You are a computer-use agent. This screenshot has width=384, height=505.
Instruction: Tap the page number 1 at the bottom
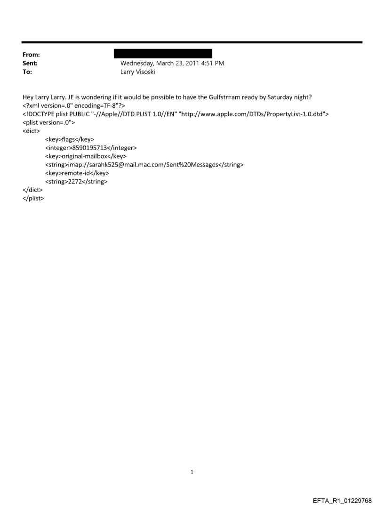pos(192,472)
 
